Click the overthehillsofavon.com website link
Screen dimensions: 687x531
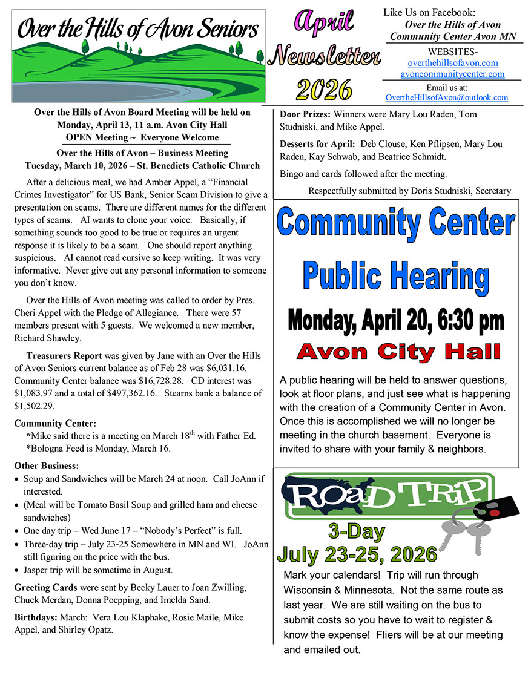[453, 63]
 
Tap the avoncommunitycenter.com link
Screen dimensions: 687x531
[452, 74]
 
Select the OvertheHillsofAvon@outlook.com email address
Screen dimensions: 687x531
[447, 97]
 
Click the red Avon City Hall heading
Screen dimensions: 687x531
[399, 351]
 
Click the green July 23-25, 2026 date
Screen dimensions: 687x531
[357, 554]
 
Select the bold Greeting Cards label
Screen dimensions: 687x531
[45, 587]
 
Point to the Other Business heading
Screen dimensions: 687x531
[46, 466]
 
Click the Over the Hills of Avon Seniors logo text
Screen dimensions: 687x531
[138, 28]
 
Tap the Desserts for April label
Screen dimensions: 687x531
[317, 144]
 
